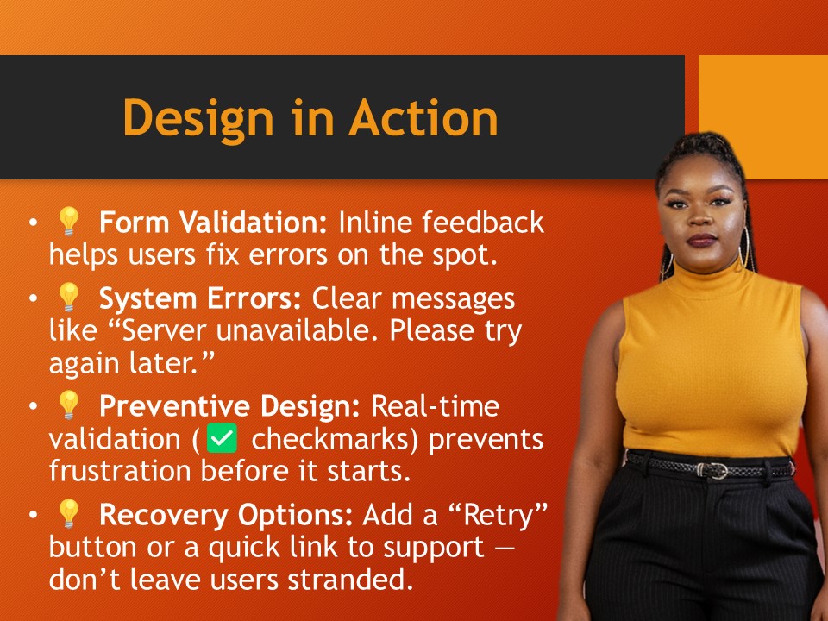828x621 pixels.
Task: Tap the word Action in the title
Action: [423, 117]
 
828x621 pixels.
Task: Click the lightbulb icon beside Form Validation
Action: [68, 223]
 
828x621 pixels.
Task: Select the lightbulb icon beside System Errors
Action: [68, 298]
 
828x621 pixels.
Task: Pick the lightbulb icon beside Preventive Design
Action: [68, 405]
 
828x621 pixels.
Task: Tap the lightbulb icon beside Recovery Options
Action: [68, 514]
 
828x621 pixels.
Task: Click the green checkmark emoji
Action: [223, 439]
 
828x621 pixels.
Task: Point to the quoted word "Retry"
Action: [501, 515]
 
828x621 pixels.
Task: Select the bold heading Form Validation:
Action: [213, 223]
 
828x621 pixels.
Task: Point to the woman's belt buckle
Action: [715, 470]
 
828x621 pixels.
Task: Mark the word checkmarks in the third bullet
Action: [334, 439]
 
